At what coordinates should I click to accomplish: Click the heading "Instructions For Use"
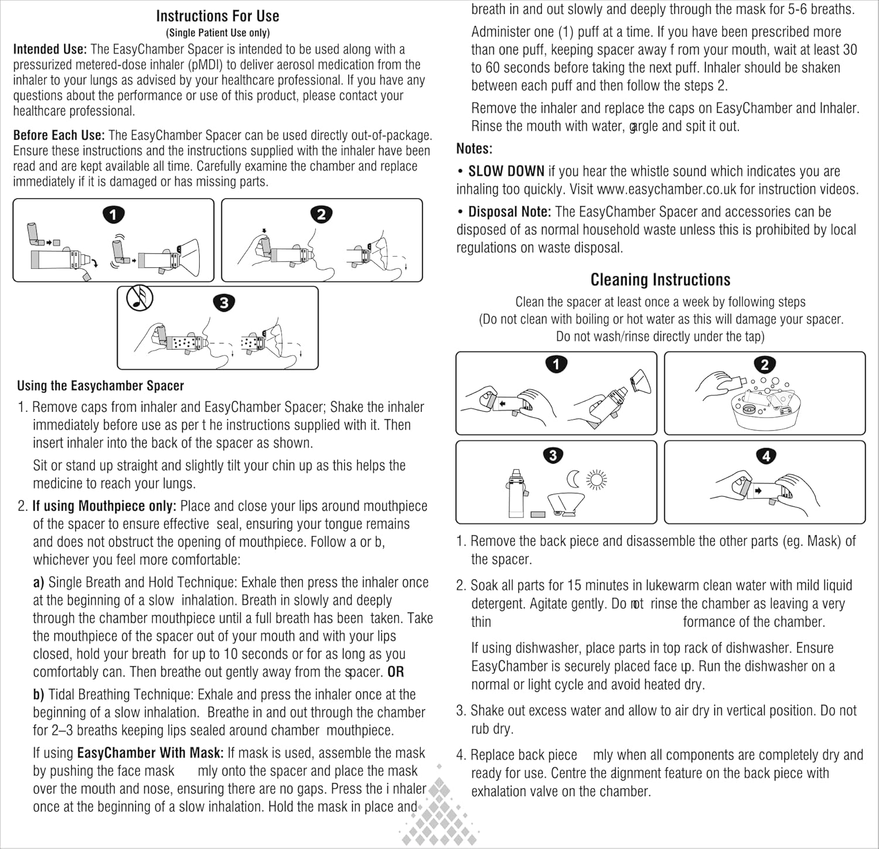(x=217, y=16)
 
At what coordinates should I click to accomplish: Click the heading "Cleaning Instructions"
(x=660, y=279)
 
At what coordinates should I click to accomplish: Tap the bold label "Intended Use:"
(x=50, y=49)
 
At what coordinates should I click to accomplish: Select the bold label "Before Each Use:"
(x=59, y=135)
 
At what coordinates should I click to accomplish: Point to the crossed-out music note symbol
(x=139, y=299)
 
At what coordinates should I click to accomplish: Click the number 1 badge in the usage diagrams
(x=113, y=214)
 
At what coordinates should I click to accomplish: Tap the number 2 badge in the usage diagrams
(x=321, y=214)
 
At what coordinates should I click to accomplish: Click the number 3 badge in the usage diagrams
(x=224, y=303)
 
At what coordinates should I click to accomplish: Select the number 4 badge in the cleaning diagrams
(x=766, y=456)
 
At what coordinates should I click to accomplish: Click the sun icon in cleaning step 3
(x=597, y=480)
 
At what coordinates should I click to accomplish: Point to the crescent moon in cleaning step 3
(x=573, y=480)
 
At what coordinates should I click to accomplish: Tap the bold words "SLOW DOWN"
(x=506, y=171)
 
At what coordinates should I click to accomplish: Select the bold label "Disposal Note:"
(x=509, y=212)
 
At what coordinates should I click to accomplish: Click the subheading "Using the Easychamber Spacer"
(x=100, y=386)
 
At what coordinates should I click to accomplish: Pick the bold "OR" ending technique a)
(x=396, y=671)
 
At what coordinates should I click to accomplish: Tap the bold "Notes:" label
(x=474, y=149)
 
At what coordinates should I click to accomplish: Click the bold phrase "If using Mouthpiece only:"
(x=104, y=506)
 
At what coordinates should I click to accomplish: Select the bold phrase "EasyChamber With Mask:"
(x=150, y=753)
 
